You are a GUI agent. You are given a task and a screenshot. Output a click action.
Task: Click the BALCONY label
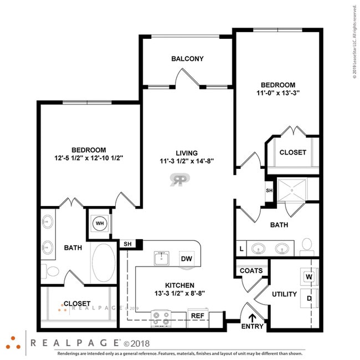187,59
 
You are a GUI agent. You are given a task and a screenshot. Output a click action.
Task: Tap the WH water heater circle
100,224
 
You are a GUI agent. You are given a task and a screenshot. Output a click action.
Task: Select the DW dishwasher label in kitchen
186,259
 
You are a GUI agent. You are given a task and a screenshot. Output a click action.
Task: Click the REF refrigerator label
198,316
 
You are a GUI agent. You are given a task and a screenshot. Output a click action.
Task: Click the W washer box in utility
308,276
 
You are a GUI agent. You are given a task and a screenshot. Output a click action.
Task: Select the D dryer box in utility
308,298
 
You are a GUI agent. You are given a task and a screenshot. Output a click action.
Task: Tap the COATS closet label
251,271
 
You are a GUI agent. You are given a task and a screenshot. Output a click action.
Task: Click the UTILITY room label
284,294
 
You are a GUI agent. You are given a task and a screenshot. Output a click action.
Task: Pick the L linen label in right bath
241,249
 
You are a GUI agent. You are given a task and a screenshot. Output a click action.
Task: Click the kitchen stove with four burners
161,317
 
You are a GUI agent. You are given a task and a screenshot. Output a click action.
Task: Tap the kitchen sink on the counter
162,258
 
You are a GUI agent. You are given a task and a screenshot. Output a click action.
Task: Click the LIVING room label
187,153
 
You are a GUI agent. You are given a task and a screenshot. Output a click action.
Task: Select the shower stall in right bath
297,189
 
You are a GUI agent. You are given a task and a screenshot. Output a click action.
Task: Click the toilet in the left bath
51,272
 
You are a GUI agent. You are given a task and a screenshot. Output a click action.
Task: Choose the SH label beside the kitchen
127,244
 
